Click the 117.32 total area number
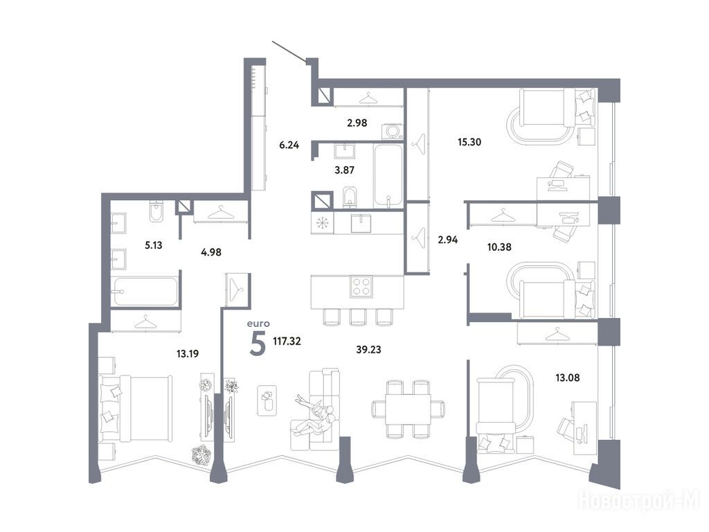287,341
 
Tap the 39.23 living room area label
368,350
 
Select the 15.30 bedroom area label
469,142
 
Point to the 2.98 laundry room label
357,123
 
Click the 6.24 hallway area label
289,145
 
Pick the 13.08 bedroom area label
568,378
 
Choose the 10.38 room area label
499,247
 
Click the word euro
258,323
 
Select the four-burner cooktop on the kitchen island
361,286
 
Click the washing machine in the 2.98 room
392,132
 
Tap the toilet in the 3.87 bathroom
350,197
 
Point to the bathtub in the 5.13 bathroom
145,292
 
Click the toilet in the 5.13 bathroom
156,211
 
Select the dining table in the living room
408,409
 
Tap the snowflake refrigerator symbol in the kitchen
322,223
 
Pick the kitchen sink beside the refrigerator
361,223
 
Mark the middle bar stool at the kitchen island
357,317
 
